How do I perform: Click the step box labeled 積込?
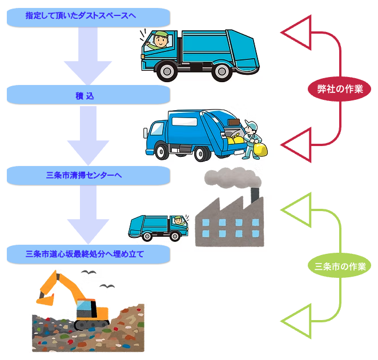89,95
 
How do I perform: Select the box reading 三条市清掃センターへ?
89,175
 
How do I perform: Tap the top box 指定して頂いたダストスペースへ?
89,17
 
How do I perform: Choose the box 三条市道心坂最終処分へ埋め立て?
89,254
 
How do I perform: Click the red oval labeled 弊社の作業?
340,88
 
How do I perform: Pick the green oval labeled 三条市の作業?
340,266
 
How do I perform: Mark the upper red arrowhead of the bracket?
296,34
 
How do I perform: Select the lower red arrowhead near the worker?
296,143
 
